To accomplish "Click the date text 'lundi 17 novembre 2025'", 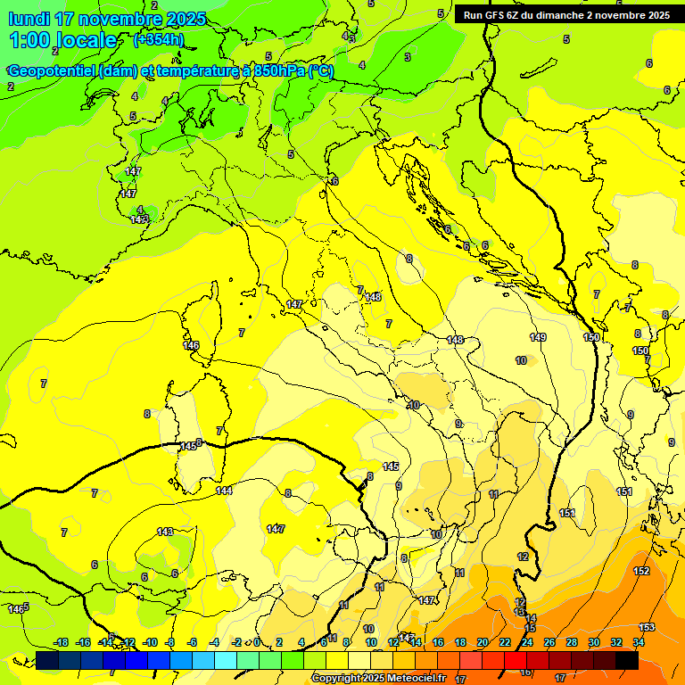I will (107, 19).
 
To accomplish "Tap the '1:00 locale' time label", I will (62, 40).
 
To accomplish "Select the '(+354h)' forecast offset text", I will (159, 39).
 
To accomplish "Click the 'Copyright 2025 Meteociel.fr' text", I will (378, 679).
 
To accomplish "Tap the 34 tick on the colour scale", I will (639, 642).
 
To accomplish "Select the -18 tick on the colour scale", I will (61, 642).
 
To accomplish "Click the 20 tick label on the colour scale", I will (483, 642).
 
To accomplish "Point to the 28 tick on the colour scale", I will (572, 642).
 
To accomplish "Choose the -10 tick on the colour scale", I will (150, 642).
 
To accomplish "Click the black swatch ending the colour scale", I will (627, 660).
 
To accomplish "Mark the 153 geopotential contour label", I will (647, 627).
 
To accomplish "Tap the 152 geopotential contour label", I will (641, 571).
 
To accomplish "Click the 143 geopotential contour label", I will (165, 532).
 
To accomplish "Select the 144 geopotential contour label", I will (224, 491).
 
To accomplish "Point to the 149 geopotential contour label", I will (538, 337).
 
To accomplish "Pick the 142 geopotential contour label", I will (138, 219).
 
